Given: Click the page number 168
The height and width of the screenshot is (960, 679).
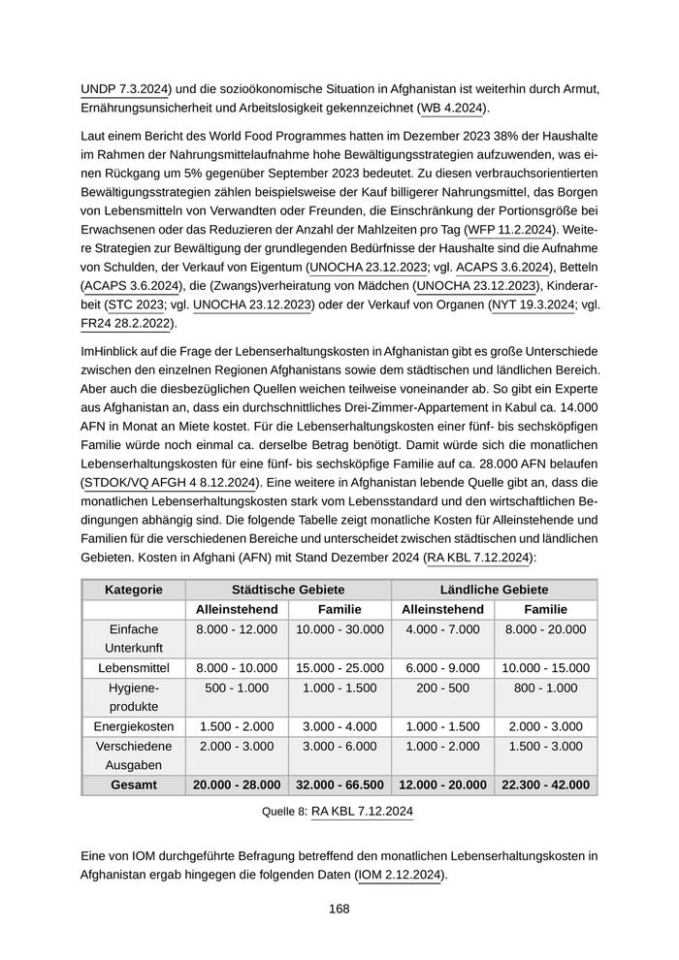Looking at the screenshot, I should point(339,909).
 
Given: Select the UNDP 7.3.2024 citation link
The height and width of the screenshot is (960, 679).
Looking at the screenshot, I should point(123,89).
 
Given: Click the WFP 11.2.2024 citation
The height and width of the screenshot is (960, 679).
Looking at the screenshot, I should point(511,230).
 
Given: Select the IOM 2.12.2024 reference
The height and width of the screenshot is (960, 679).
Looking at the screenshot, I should point(399,875).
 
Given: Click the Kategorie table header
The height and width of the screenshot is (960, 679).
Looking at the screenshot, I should point(134,590).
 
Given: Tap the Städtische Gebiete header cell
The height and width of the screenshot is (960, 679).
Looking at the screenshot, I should point(288,590).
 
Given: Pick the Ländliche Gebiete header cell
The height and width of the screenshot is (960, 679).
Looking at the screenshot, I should point(494,590).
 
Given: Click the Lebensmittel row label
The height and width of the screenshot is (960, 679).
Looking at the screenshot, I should point(134,668).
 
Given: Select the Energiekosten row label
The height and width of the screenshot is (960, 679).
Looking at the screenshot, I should point(134,726).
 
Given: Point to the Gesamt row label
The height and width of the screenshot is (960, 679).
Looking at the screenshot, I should point(134,784).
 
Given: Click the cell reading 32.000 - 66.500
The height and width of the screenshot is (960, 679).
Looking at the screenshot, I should point(339,784).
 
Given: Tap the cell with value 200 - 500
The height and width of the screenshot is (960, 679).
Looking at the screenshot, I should point(442,688).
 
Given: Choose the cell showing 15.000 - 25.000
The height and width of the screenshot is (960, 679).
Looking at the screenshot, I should point(339,668).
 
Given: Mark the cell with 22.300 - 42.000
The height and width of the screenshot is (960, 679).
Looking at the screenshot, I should point(545,784).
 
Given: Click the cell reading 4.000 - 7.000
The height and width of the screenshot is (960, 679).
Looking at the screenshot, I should point(442,629).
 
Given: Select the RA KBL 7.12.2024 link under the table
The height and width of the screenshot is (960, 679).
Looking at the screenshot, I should point(361,812).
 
